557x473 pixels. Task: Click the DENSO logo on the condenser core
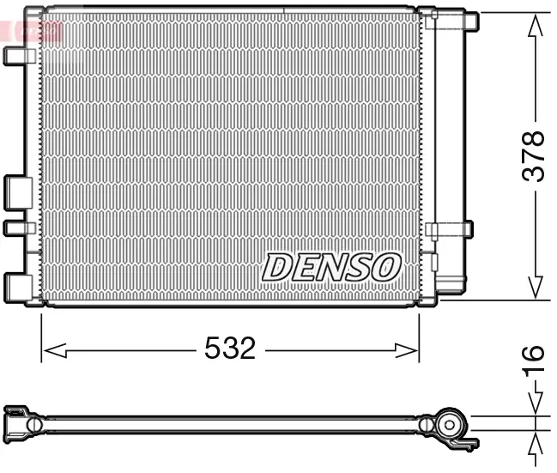pos(331,267)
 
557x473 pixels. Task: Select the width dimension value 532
pos(230,349)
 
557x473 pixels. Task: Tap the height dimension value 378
pos(535,155)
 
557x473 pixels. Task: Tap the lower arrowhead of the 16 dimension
pos(536,444)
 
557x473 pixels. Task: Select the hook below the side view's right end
pos(468,443)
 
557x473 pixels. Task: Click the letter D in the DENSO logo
pos(277,267)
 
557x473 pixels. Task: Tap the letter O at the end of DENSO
pos(385,267)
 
